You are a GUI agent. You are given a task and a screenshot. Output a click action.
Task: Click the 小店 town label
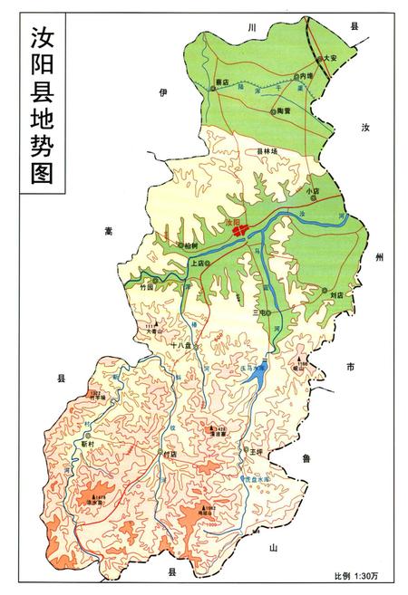(x=314, y=191)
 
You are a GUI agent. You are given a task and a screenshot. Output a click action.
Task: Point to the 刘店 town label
(x=336, y=294)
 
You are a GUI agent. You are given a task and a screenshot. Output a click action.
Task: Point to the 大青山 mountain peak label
(x=159, y=331)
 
